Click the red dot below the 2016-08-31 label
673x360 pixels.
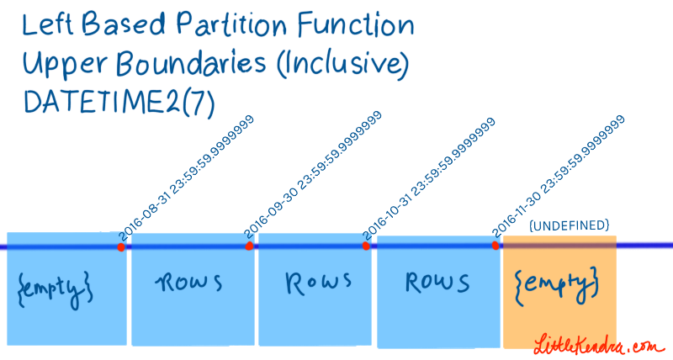pyautogui.click(x=121, y=247)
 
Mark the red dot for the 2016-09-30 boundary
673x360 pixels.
pyautogui.click(x=249, y=246)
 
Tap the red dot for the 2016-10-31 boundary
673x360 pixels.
pyautogui.click(x=366, y=246)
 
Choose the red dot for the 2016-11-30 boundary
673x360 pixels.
pyautogui.click(x=495, y=246)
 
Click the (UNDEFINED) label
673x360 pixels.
pyautogui.click(x=568, y=226)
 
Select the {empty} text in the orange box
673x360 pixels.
pyautogui.click(x=557, y=283)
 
